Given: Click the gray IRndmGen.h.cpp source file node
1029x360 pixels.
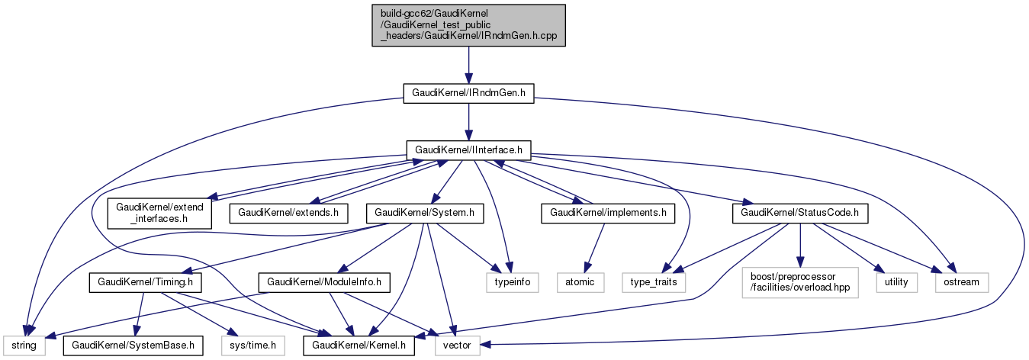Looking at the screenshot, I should tap(468, 27).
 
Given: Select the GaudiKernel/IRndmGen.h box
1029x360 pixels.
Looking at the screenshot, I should tap(468, 93).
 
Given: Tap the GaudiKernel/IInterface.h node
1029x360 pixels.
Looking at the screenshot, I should tap(468, 150).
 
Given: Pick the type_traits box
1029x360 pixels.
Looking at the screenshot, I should tap(654, 282).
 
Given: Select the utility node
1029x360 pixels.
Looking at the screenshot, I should tap(896, 282).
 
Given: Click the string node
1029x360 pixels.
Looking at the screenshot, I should tap(23, 346).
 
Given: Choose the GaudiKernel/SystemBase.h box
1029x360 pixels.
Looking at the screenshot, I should tap(133, 346).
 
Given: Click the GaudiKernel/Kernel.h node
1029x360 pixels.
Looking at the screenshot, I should tap(360, 346).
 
